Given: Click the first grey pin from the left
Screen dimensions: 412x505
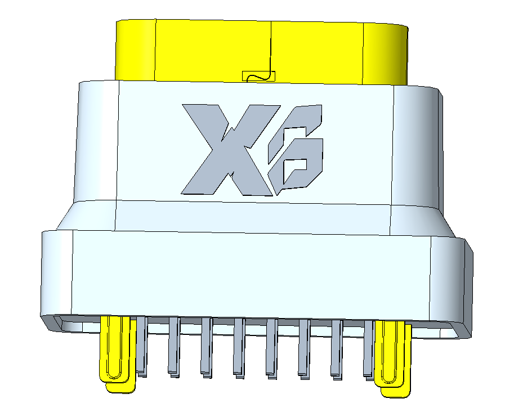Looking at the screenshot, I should point(141,346).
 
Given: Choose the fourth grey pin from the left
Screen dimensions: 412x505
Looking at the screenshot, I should point(239,346).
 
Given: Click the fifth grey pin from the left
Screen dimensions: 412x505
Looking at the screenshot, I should point(271,347).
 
